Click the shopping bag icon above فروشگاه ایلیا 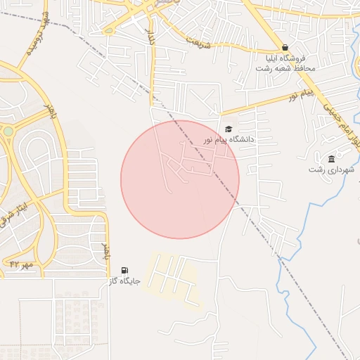click(284, 47)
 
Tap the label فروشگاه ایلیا click(285, 58)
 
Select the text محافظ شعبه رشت click(284, 69)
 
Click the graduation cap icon click(228, 129)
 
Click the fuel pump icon click(125, 270)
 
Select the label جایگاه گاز click(124, 281)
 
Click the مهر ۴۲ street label click(22, 264)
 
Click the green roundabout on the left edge click(8, 131)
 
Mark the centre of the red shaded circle click(180, 179)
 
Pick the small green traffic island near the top click(108, 30)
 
